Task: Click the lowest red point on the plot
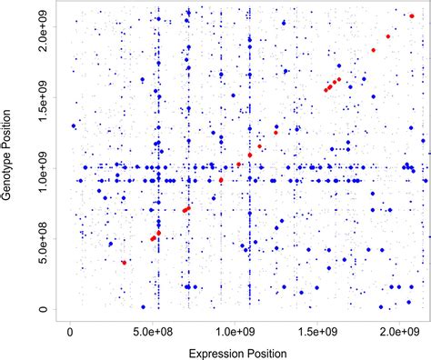point(125,262)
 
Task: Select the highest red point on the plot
point(388,36)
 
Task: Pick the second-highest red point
point(373,50)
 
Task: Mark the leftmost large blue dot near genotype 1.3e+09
point(75,126)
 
